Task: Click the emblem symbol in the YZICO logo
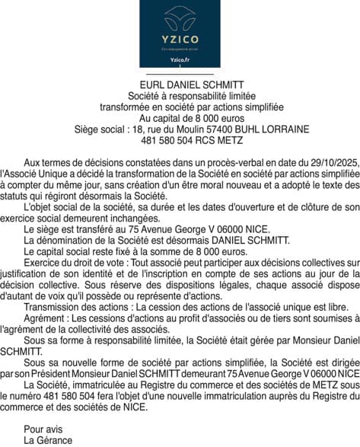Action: [x=180, y=18]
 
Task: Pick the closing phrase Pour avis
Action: [x=44, y=429]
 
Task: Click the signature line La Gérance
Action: [x=48, y=440]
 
